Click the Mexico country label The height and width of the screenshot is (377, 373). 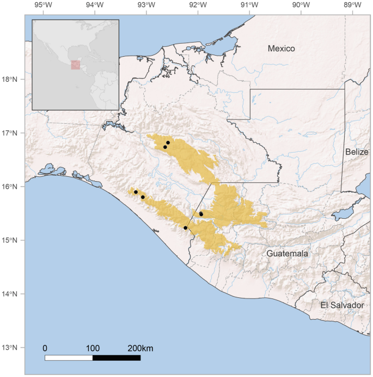pyautogui.click(x=281, y=49)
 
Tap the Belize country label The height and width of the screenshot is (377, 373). pyautogui.click(x=357, y=153)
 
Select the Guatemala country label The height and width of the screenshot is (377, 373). pyautogui.click(x=288, y=254)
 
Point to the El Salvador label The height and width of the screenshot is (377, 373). pyautogui.click(x=342, y=306)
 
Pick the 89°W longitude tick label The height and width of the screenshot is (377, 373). pyautogui.click(x=352, y=5)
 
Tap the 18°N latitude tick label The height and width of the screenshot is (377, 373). pyautogui.click(x=10, y=80)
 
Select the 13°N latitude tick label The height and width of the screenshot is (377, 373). pyautogui.click(x=10, y=348)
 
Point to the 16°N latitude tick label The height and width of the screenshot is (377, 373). pyautogui.click(x=10, y=187)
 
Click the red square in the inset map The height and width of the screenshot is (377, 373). pyautogui.click(x=75, y=65)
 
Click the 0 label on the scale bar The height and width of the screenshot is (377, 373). pyautogui.click(x=45, y=349)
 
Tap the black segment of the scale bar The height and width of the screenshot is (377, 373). pyautogui.click(x=117, y=358)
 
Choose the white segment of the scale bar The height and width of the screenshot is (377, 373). pyautogui.click(x=69, y=358)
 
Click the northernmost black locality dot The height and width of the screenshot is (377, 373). pyautogui.click(x=168, y=142)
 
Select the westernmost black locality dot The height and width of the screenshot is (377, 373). pyautogui.click(x=136, y=192)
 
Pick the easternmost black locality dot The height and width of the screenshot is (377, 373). pyautogui.click(x=201, y=214)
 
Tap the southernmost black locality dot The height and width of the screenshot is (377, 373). pyautogui.click(x=185, y=228)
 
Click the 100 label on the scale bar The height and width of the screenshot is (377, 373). pyautogui.click(x=93, y=349)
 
